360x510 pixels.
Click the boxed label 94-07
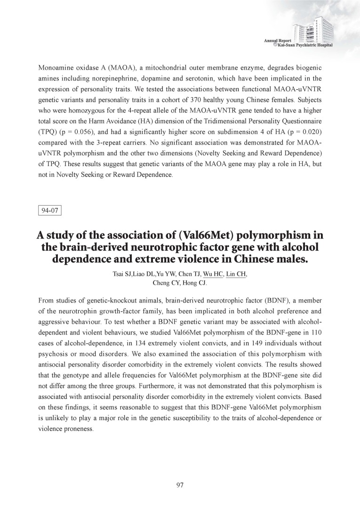coord(49,210)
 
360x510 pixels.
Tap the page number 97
coord(180,486)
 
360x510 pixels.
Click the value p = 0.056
coord(75,133)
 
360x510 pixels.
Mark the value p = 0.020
coord(300,133)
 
